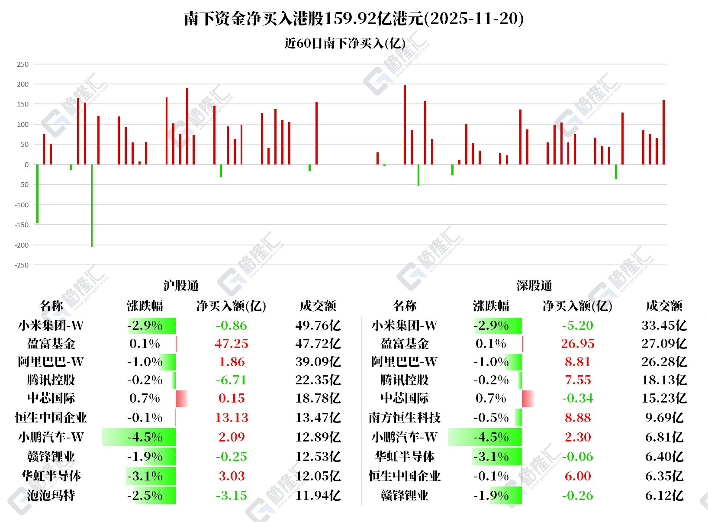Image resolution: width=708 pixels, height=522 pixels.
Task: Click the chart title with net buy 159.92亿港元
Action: (x=354, y=19)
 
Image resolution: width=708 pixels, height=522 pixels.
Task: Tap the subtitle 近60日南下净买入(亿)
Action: (x=345, y=43)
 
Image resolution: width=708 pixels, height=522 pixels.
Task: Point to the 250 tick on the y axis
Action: (x=23, y=64)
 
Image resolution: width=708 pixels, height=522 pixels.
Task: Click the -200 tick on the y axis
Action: (x=22, y=245)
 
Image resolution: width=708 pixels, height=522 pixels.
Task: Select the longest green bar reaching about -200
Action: (x=92, y=205)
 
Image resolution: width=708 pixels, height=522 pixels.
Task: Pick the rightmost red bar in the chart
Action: (x=663, y=132)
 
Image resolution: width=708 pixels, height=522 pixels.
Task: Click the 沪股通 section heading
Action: (x=181, y=286)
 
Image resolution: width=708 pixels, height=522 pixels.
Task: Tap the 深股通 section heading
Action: (x=534, y=286)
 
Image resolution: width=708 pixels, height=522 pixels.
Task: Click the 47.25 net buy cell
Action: (x=232, y=344)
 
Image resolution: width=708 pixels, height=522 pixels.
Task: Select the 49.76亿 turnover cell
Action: (x=318, y=325)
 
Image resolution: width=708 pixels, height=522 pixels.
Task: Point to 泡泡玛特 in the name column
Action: (x=51, y=495)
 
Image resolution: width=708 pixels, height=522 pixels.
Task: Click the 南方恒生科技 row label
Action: (x=404, y=418)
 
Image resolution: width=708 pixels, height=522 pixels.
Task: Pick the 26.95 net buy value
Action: (x=578, y=344)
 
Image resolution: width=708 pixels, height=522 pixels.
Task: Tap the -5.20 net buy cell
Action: (x=578, y=325)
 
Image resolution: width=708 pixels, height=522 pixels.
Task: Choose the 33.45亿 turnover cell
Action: (x=664, y=325)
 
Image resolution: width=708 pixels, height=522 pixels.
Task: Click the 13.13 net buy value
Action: (x=232, y=418)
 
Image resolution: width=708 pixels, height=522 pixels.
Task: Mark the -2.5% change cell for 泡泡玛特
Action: (x=145, y=495)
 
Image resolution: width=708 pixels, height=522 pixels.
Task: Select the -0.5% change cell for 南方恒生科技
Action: (x=491, y=418)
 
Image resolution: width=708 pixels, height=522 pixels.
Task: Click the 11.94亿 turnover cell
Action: (x=318, y=495)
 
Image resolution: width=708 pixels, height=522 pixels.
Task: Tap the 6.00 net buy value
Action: (x=578, y=476)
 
